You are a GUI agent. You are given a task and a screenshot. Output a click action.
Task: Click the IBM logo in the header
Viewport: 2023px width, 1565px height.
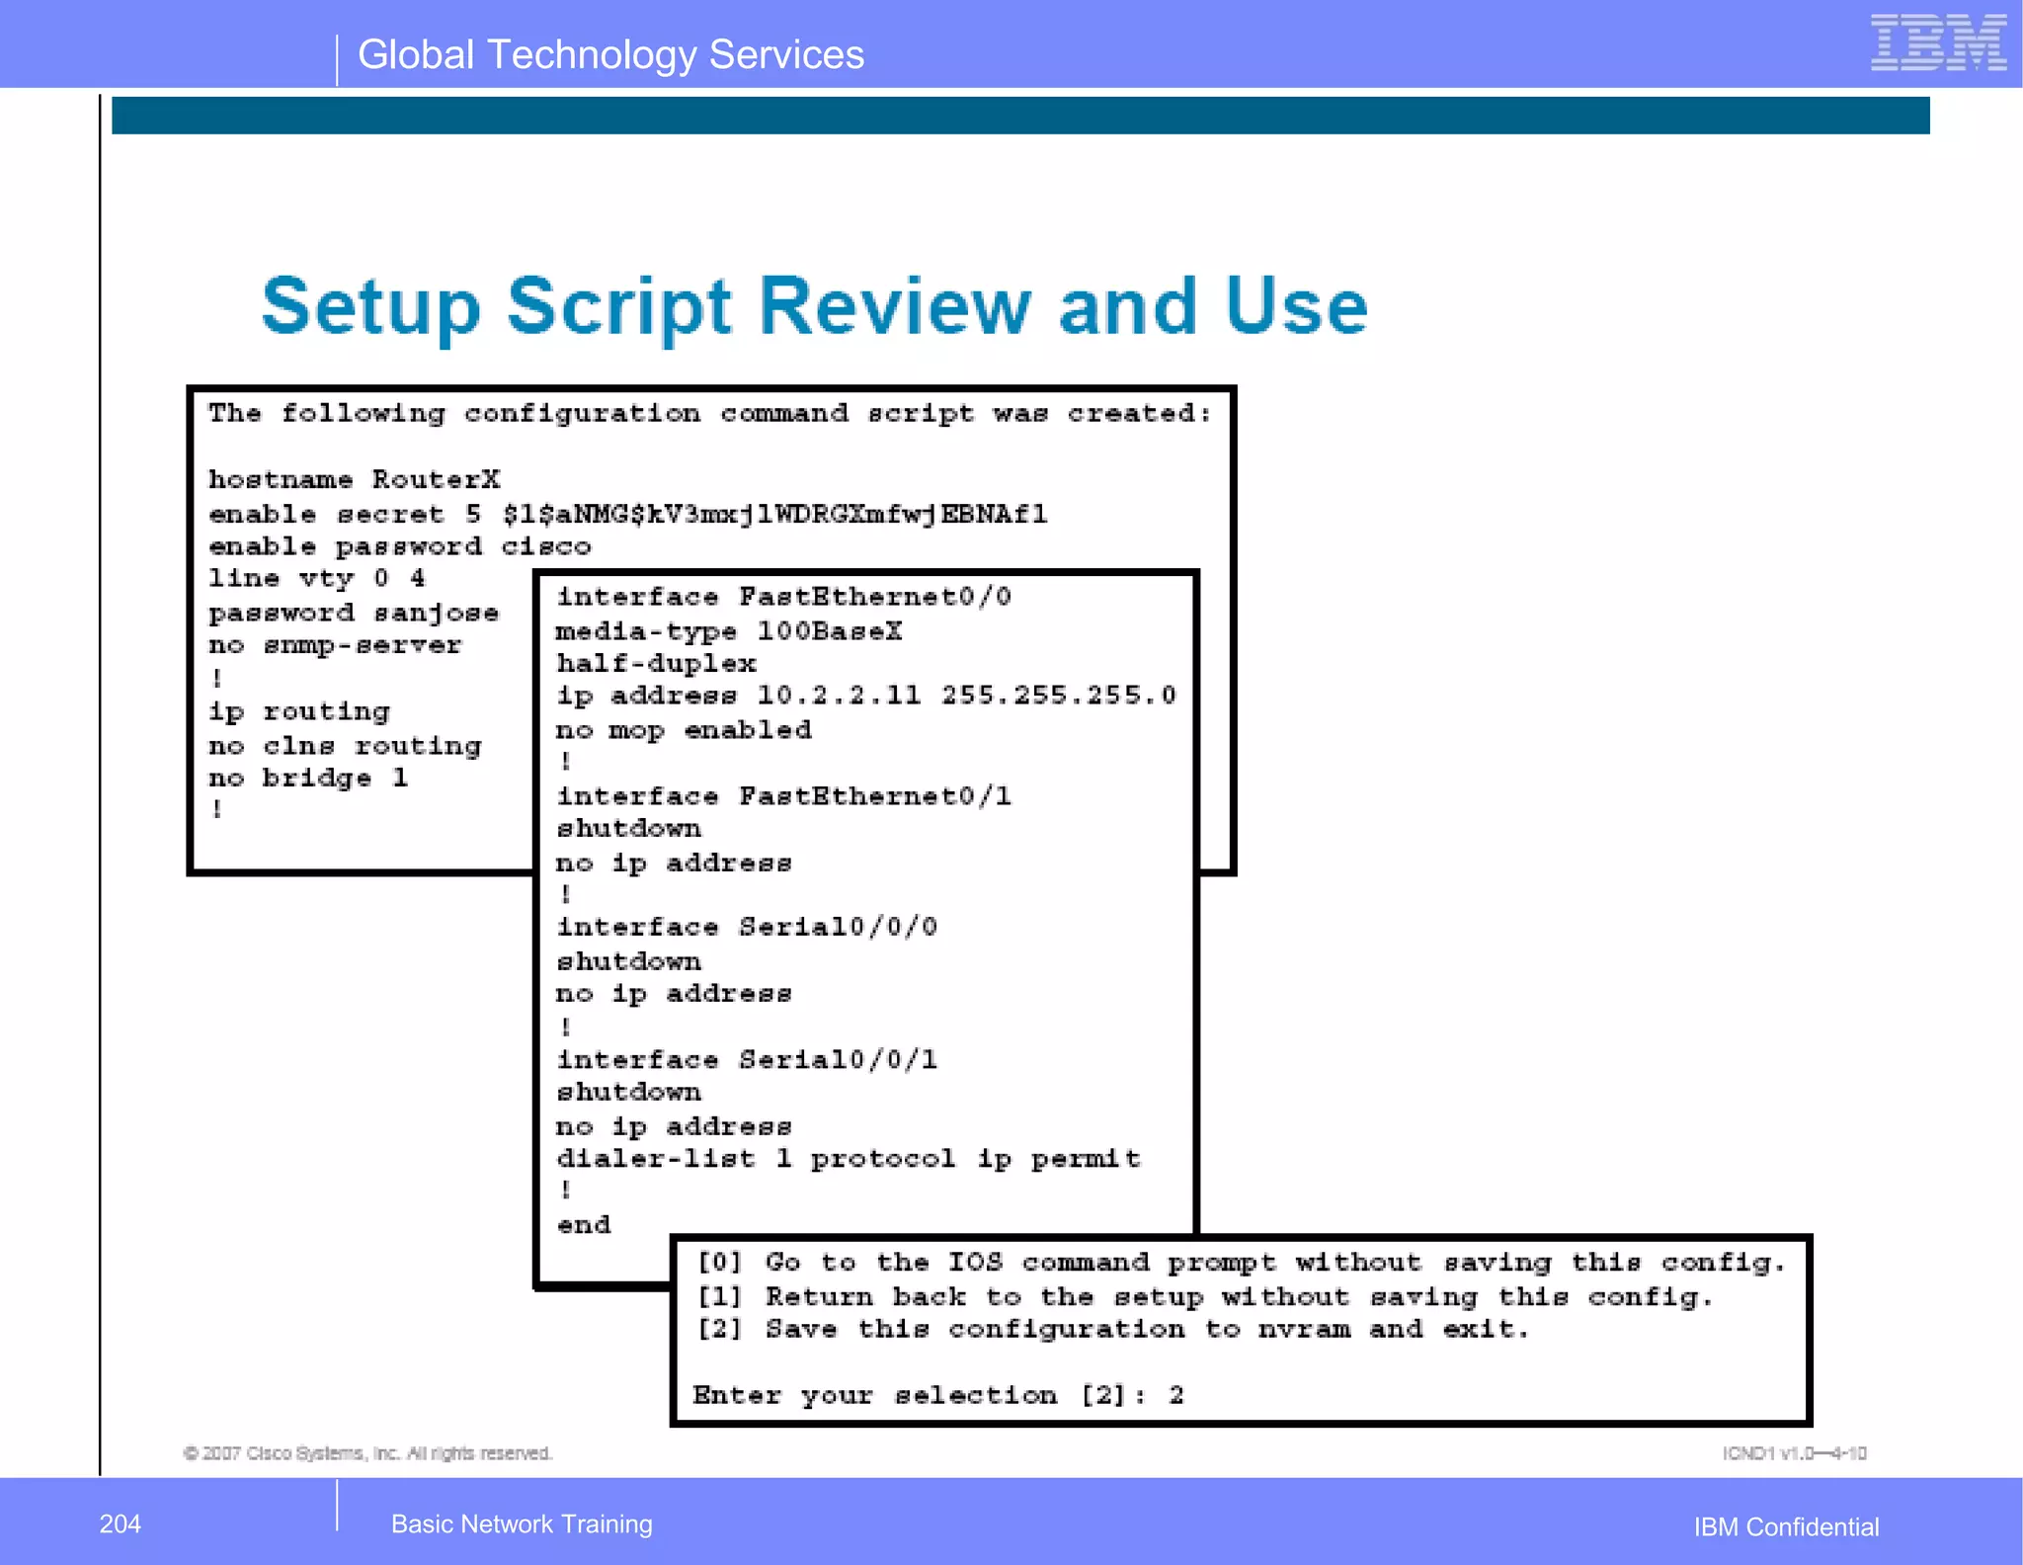point(1937,43)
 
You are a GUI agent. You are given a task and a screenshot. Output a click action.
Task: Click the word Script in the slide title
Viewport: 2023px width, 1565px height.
point(619,307)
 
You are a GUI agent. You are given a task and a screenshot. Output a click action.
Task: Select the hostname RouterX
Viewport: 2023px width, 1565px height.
point(436,480)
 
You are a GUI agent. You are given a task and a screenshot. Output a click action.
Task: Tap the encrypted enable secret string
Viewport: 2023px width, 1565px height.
point(774,515)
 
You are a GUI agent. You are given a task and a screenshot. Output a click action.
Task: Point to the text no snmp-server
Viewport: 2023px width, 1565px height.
point(335,646)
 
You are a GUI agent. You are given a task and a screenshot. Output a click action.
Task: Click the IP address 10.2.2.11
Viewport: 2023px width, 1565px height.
point(839,697)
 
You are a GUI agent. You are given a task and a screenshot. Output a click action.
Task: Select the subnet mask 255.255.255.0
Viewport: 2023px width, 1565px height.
point(1058,697)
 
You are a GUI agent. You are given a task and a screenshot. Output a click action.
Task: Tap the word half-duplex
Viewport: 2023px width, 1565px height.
point(656,664)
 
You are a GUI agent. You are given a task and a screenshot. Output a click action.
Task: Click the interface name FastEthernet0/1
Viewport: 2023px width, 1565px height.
point(875,797)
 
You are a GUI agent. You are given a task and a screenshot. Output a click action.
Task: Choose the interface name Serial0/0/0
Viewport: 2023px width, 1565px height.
point(838,928)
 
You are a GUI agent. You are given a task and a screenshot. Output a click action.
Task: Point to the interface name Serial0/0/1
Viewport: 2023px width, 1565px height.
point(838,1060)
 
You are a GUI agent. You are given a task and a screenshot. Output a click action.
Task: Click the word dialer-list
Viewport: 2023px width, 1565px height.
point(656,1159)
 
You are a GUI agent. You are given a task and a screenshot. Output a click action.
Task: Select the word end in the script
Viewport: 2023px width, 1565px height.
point(584,1225)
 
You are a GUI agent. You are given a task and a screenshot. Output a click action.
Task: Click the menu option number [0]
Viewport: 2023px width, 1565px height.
point(719,1263)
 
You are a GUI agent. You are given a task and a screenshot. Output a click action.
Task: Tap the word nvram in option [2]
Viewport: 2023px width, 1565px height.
point(1304,1330)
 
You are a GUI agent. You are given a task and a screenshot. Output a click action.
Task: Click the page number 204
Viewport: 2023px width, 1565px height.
point(120,1524)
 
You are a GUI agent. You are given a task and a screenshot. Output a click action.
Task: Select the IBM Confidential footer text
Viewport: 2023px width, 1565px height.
point(1786,1526)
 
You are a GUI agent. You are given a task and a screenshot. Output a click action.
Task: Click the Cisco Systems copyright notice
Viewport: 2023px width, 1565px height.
point(367,1453)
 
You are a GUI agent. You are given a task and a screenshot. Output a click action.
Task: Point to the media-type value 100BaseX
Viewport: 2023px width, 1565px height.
point(829,631)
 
